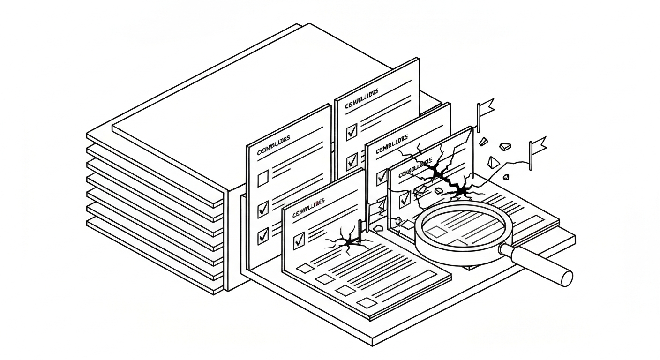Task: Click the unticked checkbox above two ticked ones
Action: point(263,178)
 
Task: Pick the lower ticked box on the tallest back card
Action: point(352,162)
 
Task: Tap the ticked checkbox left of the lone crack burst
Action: point(299,241)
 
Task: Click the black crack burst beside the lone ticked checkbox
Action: point(347,242)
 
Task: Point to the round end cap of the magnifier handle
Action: point(566,278)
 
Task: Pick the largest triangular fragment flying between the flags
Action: point(492,163)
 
